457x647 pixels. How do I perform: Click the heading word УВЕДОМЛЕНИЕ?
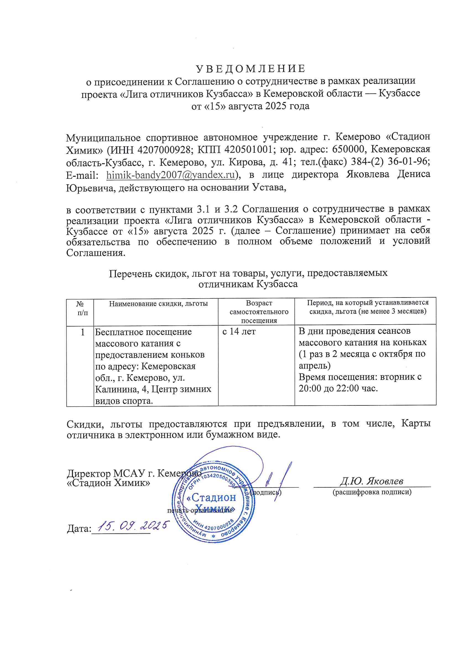click(x=250, y=68)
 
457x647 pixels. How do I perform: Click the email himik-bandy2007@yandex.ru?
click(x=170, y=175)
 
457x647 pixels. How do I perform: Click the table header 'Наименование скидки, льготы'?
click(x=158, y=304)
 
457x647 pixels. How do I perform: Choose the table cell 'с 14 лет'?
click(x=239, y=332)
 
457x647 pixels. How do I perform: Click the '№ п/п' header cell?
click(x=80, y=308)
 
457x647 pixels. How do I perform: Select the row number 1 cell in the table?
click(x=82, y=332)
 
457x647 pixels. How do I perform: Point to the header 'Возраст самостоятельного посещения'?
click(x=259, y=312)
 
